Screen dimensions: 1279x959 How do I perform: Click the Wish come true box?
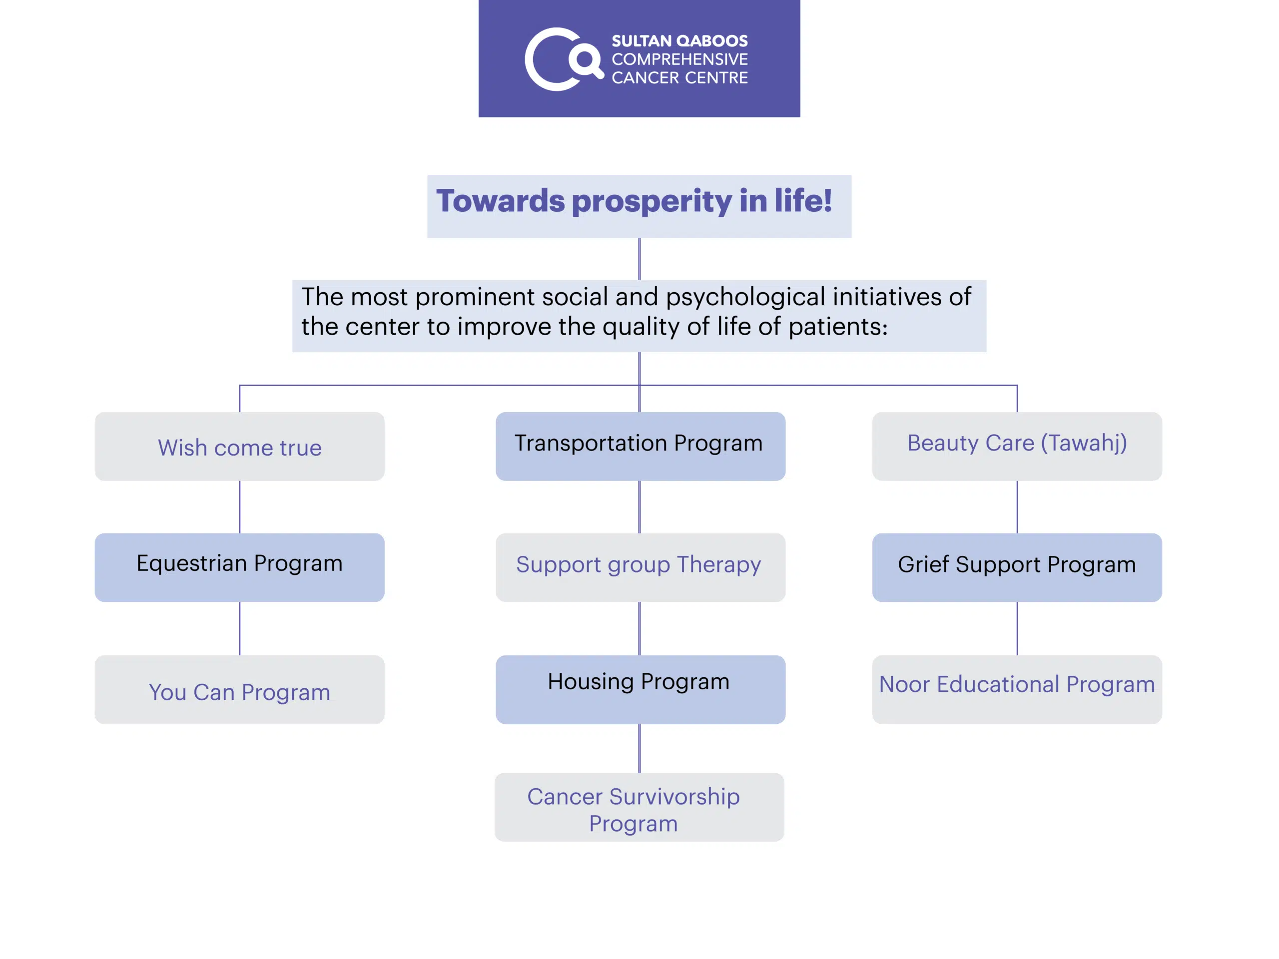[239, 446]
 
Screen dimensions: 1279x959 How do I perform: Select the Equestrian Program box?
[239, 567]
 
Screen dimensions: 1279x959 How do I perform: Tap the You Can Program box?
[239, 690]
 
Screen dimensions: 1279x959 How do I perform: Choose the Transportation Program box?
[640, 446]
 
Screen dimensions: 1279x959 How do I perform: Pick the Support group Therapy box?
[640, 567]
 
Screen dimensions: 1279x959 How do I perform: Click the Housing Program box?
[640, 690]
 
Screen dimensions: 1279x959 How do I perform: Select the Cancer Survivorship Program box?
[639, 807]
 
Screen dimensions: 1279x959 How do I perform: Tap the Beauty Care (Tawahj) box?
[1017, 446]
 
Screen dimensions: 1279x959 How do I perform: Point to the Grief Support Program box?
[1017, 567]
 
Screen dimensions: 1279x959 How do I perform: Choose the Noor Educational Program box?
[1017, 690]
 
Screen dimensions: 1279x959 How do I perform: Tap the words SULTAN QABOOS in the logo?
[679, 41]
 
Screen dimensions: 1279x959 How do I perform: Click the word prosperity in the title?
[651, 202]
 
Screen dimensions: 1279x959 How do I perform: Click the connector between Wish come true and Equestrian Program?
[240, 507]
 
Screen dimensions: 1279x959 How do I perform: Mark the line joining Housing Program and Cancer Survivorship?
[639, 749]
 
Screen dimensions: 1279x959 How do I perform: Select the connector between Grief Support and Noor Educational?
[1017, 628]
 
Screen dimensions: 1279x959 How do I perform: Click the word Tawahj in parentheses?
[1084, 444]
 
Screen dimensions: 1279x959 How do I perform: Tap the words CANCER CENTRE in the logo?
[679, 77]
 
